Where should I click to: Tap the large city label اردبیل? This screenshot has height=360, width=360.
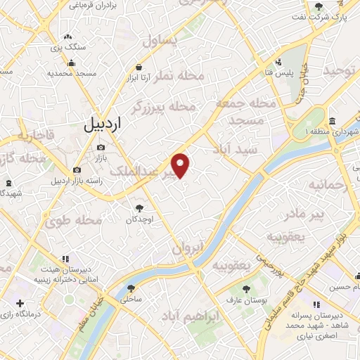(103, 124)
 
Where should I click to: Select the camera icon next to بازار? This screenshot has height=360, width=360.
(101, 147)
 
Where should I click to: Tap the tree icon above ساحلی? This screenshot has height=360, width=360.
(131, 288)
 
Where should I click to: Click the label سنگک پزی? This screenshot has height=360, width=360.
(67, 46)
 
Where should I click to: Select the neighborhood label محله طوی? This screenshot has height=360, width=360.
(74, 220)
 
